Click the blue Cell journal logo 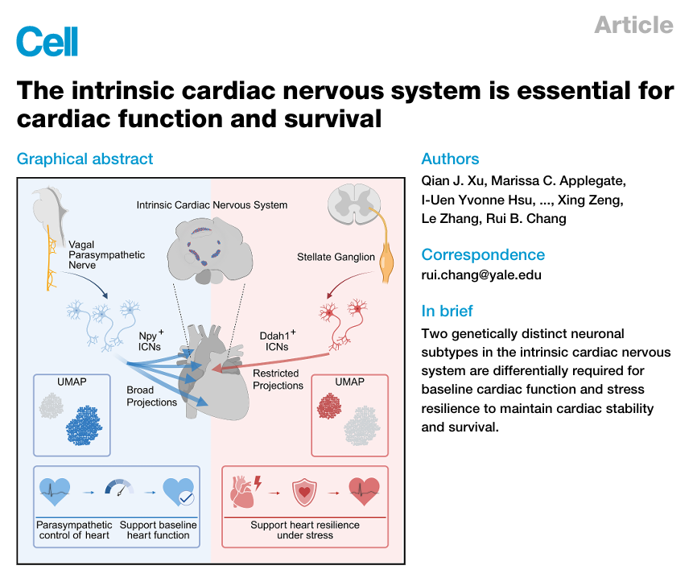tap(47, 41)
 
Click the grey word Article tap(633, 25)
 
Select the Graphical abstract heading tap(85, 159)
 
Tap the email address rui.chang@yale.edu tap(481, 275)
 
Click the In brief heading tap(447, 311)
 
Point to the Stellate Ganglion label tap(336, 257)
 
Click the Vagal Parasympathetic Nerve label tap(106, 254)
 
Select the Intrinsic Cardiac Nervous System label tap(212, 205)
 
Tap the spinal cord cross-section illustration tap(354, 204)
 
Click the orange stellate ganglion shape tap(386, 263)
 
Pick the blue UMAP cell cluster tap(84, 425)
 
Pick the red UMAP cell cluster tap(329, 406)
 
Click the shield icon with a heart tap(304, 493)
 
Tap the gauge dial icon tap(119, 487)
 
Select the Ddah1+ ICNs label tap(278, 341)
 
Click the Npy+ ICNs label tap(151, 341)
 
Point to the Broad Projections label tap(151, 396)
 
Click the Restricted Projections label tap(278, 379)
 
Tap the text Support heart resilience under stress tap(305, 530)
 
